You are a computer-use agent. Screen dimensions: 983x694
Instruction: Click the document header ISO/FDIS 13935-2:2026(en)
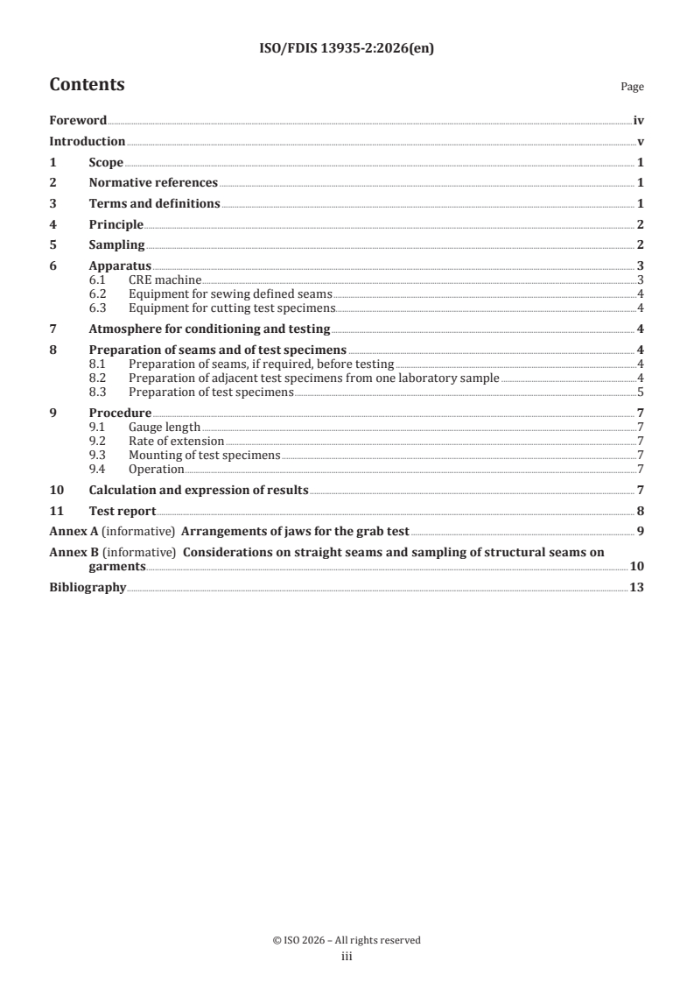(x=347, y=49)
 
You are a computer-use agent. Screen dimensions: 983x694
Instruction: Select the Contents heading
(x=87, y=85)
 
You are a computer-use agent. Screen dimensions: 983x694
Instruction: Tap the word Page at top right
(x=632, y=88)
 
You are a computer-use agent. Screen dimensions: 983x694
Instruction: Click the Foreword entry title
(x=78, y=121)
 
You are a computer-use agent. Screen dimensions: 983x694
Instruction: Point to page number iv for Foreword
(x=638, y=121)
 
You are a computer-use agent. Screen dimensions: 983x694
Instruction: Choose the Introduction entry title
(x=87, y=142)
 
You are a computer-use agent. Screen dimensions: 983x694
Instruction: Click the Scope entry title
(x=106, y=163)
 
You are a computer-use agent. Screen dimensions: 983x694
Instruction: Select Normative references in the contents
(x=153, y=183)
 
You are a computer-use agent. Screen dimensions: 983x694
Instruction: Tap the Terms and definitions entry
(x=154, y=204)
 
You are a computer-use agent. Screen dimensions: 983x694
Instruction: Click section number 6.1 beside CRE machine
(x=98, y=279)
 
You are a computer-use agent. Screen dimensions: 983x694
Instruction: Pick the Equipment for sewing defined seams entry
(x=230, y=293)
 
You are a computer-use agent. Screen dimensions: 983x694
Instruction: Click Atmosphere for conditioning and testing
(x=209, y=329)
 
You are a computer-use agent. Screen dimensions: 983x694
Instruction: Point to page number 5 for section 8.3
(x=641, y=392)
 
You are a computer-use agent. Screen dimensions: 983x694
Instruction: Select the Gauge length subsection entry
(x=165, y=428)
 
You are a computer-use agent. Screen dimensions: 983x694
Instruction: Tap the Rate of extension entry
(x=176, y=442)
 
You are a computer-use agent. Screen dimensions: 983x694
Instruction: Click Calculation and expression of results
(x=199, y=491)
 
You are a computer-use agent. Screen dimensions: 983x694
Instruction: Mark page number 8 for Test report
(x=641, y=512)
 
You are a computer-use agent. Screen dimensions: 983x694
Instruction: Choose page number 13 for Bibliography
(x=637, y=587)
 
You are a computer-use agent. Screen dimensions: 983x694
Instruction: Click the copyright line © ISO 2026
(x=347, y=940)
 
